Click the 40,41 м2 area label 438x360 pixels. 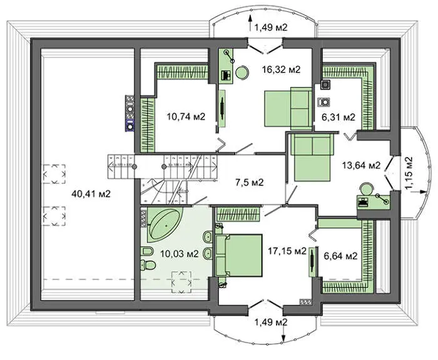[91, 193]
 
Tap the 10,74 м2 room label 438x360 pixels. [186, 116]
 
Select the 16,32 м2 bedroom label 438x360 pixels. [282, 69]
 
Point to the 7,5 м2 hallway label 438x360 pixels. [250, 183]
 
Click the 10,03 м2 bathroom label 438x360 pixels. [180, 254]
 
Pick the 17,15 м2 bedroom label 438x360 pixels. [287, 251]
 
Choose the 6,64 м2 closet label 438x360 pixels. [340, 255]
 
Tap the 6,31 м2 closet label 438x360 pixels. [339, 117]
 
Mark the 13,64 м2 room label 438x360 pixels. [362, 165]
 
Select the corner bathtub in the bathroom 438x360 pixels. [165, 224]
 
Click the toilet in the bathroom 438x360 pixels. [148, 264]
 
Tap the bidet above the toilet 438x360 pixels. [146, 251]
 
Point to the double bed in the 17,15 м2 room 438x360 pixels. [239, 255]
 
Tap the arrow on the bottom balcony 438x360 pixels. [283, 333]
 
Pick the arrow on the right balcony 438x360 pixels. [419, 192]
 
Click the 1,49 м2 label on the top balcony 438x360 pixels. [271, 27]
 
